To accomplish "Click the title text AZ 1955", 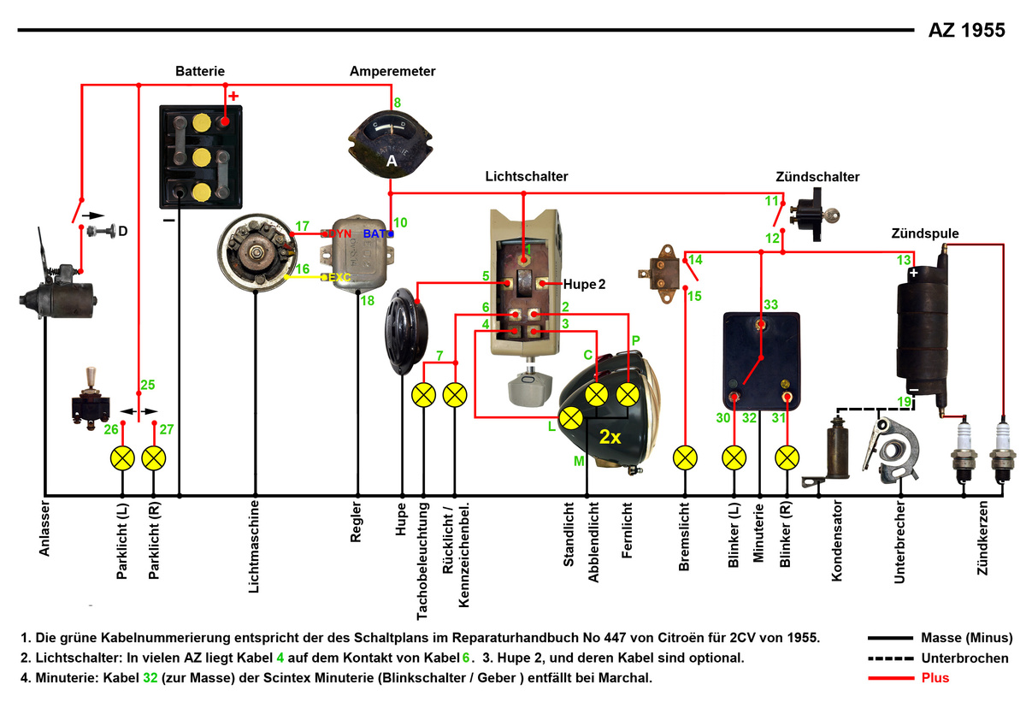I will (x=967, y=31).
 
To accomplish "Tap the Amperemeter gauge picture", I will (x=392, y=142).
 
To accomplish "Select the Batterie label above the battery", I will (x=202, y=70).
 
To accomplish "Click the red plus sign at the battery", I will (x=233, y=96).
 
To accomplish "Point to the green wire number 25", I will (x=147, y=385).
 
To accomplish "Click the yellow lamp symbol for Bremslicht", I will (x=685, y=458).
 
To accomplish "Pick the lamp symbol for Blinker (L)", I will (x=734, y=458).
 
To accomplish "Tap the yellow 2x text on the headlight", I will (x=610, y=437).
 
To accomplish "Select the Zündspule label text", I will (x=924, y=233).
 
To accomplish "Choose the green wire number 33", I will (x=770, y=304).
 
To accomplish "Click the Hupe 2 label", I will (x=584, y=283).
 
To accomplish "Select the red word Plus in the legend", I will (x=935, y=678).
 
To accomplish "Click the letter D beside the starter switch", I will (x=123, y=231).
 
